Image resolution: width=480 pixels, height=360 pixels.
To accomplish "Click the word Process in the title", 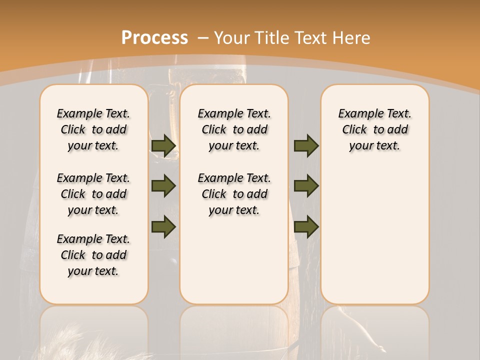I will point(154,37).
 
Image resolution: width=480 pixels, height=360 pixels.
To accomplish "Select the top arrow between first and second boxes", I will point(163,145).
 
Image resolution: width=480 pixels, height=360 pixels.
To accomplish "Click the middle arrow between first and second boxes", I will point(163,186).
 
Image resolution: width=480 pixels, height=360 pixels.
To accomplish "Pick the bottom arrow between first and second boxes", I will point(163,226).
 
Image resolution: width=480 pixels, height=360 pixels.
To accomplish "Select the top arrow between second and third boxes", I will point(306,145).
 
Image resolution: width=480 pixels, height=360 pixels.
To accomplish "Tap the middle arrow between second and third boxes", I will point(306,186).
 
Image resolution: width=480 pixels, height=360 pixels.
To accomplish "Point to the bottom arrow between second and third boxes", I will point(306,226).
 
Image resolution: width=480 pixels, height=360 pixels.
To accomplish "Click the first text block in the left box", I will point(93,129).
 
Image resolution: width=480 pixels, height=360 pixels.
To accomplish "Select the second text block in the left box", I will point(93,194).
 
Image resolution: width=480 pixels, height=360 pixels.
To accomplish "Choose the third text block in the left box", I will point(93,255).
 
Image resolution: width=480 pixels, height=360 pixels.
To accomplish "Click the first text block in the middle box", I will point(234,129).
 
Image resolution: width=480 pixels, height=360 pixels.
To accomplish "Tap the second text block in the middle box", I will point(234,194).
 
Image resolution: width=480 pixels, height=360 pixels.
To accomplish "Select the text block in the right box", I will point(374,129).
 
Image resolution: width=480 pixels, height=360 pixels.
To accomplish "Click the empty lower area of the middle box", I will point(234,260).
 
